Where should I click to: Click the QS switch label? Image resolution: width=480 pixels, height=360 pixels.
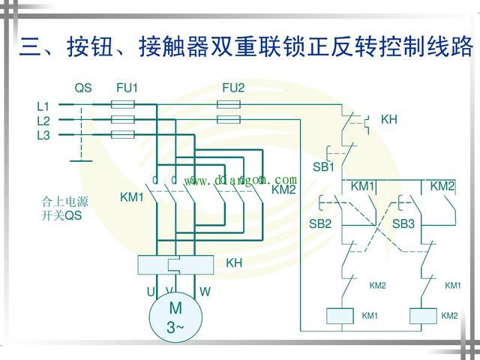tap(82, 88)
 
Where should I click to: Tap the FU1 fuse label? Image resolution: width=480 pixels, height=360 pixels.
tap(127, 88)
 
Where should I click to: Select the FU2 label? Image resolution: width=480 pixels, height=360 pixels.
tap(233, 88)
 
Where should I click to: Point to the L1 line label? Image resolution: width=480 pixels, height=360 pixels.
tap(43, 106)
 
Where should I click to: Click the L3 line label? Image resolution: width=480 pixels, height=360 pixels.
tap(43, 135)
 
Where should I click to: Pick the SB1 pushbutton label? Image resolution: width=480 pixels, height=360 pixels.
tap(323, 166)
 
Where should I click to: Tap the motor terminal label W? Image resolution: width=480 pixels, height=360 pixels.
tap(205, 291)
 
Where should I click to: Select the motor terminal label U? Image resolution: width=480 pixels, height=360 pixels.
tap(150, 291)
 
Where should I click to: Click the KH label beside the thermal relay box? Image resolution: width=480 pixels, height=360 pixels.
tap(234, 263)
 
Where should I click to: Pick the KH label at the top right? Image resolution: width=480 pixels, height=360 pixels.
tap(389, 119)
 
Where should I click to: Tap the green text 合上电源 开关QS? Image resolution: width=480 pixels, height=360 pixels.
tap(64, 208)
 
